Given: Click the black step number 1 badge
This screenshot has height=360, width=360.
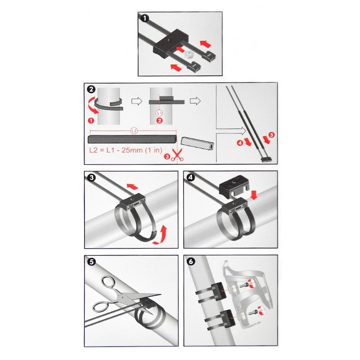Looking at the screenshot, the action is point(144,18).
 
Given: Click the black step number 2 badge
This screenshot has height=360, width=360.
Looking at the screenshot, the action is point(91,89).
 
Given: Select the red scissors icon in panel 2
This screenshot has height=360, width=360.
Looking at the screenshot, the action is point(177,154).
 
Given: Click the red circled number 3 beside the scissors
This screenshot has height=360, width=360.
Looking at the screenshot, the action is point(167,157).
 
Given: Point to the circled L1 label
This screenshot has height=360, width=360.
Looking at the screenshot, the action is point(159,113).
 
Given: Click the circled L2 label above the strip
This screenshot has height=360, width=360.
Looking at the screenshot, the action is point(134,131).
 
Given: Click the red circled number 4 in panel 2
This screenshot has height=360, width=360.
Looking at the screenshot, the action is point(240,143).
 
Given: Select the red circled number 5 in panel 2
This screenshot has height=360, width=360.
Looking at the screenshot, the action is point(272,135).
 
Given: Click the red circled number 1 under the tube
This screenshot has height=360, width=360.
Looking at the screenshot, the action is point(91,121).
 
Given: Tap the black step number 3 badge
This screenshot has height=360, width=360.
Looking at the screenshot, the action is point(92,177).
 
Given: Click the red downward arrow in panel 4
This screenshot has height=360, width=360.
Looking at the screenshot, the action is point(254,195).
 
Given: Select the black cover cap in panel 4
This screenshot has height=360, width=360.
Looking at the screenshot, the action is point(234,184).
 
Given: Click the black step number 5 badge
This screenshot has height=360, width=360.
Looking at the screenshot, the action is point(92,262).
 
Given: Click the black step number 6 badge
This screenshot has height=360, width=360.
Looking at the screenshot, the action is point(191,261).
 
